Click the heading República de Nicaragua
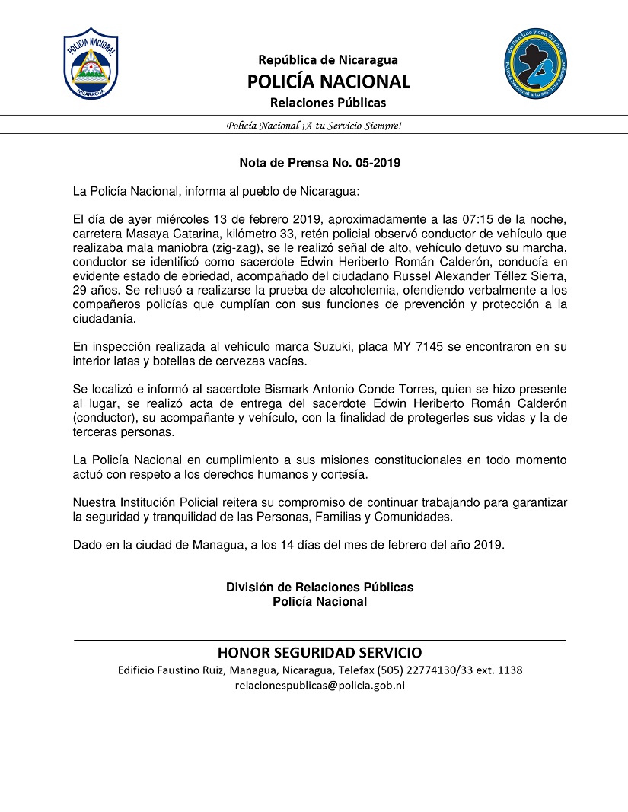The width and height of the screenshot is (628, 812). [x=327, y=59]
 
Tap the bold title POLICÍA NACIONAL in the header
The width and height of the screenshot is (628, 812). [x=328, y=81]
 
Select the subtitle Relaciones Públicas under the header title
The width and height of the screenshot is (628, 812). [x=328, y=102]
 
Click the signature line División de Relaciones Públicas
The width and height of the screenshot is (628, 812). [x=320, y=588]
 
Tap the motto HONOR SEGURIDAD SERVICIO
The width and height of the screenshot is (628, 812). [x=320, y=653]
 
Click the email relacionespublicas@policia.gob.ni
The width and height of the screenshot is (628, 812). [x=320, y=685]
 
